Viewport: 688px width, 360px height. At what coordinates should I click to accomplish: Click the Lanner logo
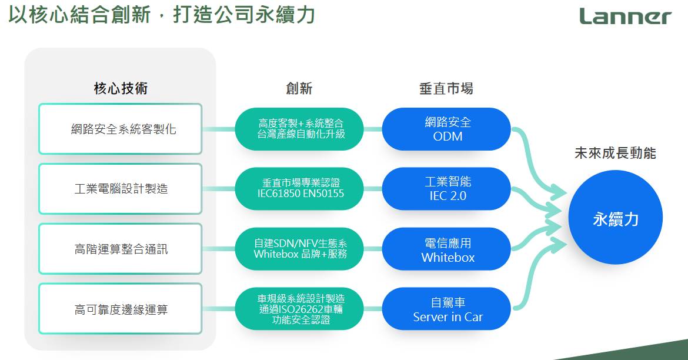tap(625, 16)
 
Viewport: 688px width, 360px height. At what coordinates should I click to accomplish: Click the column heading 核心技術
tap(121, 88)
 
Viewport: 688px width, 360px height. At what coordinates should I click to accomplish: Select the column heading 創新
tap(299, 88)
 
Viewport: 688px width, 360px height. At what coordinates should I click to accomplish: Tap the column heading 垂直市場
tap(446, 88)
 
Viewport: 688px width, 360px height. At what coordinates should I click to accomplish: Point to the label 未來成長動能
tap(615, 153)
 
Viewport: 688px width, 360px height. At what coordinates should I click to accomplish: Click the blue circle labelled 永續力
tap(615, 218)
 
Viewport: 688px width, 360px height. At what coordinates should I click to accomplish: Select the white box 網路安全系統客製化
tap(120, 129)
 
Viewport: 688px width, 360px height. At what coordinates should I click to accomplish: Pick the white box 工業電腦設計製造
tap(120, 189)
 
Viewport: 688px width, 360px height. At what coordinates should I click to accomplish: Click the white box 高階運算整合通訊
tap(120, 249)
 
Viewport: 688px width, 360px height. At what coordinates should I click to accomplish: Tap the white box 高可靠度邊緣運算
tap(120, 309)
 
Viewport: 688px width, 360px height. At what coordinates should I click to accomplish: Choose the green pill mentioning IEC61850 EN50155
tap(299, 189)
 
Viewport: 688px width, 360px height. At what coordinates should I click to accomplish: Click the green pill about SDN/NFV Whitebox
tap(299, 249)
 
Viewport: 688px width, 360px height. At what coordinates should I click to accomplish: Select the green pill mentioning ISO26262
tap(299, 309)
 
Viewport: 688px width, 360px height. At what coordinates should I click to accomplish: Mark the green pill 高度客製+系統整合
tap(299, 129)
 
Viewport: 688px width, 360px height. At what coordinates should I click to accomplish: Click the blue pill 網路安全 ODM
tap(447, 129)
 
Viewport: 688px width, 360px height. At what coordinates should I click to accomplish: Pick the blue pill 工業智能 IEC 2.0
tap(447, 189)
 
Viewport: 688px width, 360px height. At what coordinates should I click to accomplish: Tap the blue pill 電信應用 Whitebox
tap(447, 249)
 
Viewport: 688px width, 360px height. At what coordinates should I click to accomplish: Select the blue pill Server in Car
tap(447, 309)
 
